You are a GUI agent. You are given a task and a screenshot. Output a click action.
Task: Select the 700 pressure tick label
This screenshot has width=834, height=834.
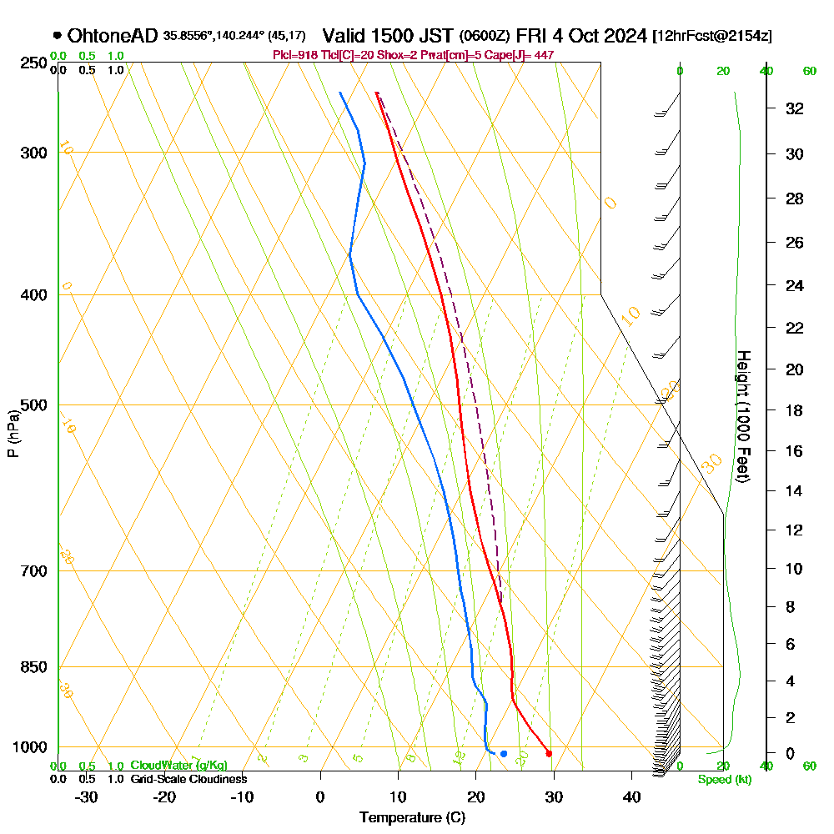[x=33, y=571]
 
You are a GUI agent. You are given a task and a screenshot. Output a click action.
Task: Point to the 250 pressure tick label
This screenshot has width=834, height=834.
[x=33, y=63]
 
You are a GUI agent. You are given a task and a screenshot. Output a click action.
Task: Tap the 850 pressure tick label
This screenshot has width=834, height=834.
[x=33, y=667]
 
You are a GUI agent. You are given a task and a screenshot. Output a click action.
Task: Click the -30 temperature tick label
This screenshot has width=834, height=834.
[x=87, y=796]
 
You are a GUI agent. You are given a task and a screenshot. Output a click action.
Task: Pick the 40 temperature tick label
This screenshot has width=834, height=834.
[x=631, y=796]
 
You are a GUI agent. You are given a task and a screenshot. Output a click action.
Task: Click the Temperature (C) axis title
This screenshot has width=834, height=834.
[x=412, y=817]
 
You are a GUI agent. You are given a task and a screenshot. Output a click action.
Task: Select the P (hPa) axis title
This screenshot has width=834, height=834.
[x=13, y=434]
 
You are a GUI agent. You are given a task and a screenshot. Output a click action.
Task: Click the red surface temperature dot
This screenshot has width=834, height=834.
[x=549, y=754]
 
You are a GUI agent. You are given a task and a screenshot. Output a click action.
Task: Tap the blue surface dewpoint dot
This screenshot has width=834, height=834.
[x=504, y=754]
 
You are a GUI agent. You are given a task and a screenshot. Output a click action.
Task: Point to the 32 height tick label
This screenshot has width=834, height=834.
[x=794, y=108]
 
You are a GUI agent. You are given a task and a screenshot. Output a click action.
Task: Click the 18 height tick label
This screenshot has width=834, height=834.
[x=794, y=410]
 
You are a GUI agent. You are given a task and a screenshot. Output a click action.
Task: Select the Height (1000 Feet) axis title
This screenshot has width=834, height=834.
[x=743, y=415]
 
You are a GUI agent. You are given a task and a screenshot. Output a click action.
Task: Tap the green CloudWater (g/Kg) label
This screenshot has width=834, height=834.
[x=178, y=766]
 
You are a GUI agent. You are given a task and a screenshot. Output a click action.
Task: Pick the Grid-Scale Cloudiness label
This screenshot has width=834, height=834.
[x=188, y=779]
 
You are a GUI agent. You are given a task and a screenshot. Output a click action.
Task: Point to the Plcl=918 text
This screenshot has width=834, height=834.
[x=297, y=55]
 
